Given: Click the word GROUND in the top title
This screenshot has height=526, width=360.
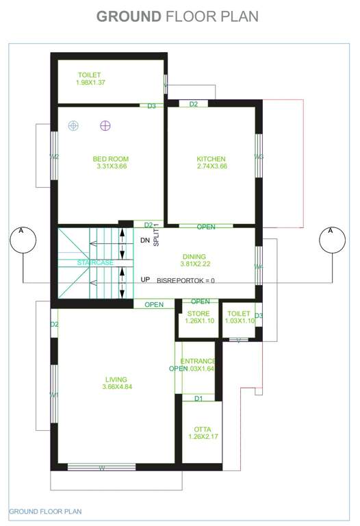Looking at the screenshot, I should (x=129, y=16).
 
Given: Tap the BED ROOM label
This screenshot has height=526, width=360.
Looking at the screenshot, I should (x=111, y=159).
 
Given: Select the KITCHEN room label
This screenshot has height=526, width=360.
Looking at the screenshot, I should (x=211, y=159).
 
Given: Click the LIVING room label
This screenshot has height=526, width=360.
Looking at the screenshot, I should (x=116, y=379).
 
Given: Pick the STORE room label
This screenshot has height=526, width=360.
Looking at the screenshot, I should (x=198, y=314).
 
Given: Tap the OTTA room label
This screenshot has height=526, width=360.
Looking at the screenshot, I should (x=202, y=429).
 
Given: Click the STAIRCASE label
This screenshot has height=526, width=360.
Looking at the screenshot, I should (x=95, y=262).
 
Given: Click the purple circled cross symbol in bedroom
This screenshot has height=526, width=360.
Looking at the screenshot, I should (x=105, y=125).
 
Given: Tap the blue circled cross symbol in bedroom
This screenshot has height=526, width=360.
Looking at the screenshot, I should (x=74, y=125).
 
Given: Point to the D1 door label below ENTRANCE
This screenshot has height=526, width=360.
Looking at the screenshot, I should (x=198, y=398).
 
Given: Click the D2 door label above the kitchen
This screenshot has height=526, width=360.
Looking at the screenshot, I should (x=194, y=104).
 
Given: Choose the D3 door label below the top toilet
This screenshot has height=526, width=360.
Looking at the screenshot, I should (x=151, y=106).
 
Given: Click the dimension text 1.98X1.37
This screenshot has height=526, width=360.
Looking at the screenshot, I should (x=90, y=83).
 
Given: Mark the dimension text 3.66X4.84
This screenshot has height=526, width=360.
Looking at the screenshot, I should (x=116, y=387).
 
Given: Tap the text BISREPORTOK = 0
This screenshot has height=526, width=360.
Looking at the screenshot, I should (x=185, y=281).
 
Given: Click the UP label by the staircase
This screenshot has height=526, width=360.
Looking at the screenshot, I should (x=145, y=279).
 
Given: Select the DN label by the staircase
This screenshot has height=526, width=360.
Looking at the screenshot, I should (x=144, y=240).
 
